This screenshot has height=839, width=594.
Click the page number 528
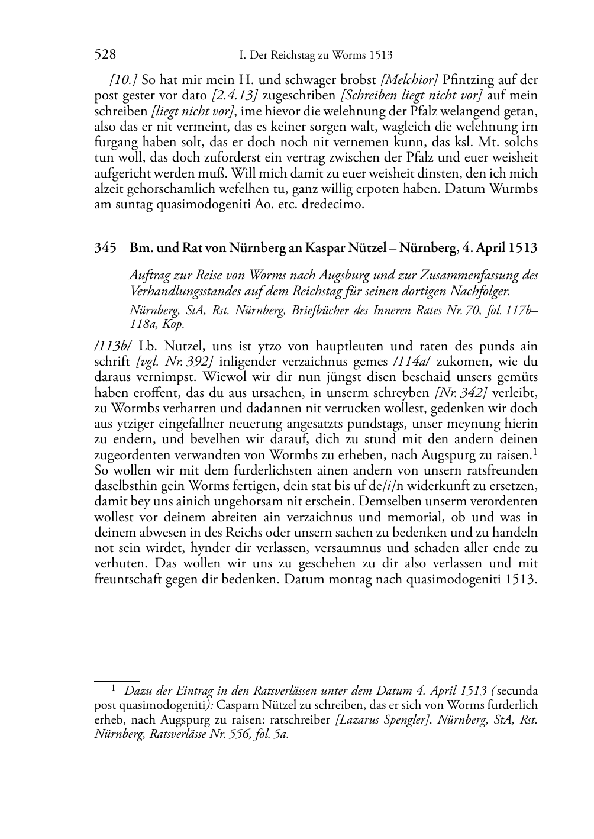pos(105,55)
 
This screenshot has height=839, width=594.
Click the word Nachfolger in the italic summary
pos(478,291)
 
